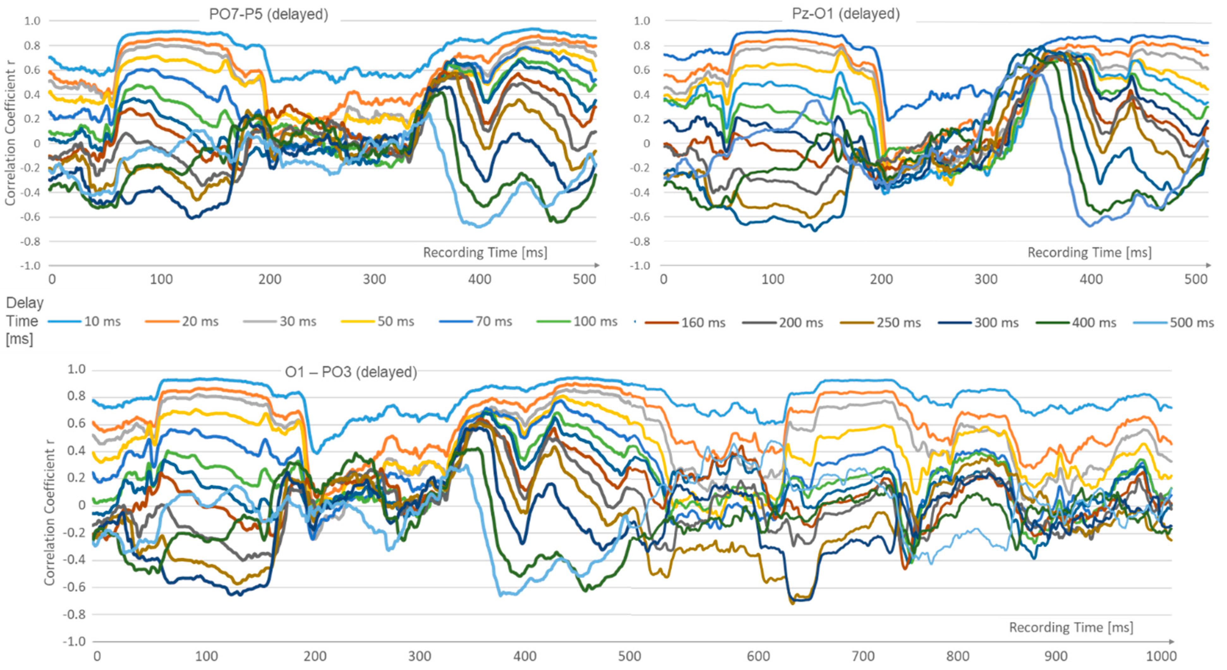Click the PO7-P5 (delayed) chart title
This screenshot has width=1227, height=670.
click(x=269, y=14)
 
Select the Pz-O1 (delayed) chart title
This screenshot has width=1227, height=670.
click(x=845, y=14)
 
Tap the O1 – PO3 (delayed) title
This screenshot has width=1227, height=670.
click(x=351, y=372)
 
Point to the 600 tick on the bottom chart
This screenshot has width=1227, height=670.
click(x=758, y=656)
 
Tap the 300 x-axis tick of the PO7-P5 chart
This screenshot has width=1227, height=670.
click(x=374, y=279)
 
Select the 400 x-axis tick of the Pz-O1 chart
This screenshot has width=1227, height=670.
click(x=1091, y=279)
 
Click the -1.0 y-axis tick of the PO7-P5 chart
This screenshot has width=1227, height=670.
click(x=30, y=266)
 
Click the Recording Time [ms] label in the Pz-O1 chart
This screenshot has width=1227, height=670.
click(x=1089, y=252)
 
